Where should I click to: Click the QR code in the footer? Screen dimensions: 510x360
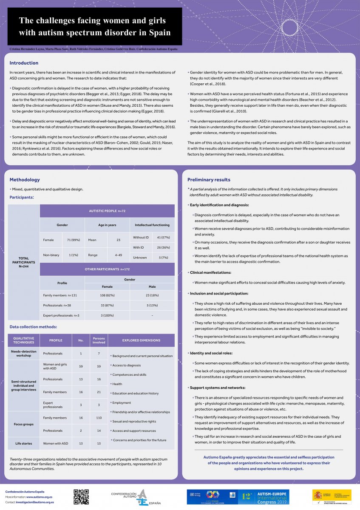[81, 497]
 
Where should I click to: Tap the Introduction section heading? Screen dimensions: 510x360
[24, 63]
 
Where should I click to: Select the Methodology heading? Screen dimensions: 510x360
[25, 180]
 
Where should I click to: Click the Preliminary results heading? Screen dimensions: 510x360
[209, 180]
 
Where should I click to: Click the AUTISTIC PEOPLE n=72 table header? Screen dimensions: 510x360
[107, 211]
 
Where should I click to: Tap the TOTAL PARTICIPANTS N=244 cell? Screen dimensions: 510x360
[24, 262]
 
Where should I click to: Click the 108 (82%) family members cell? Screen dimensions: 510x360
[108, 295]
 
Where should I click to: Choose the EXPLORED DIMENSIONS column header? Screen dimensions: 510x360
[141, 340]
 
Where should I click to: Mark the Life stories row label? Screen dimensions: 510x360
[24, 443]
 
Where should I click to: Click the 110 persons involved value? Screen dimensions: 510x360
[99, 418]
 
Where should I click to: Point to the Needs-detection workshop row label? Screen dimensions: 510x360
[24, 353]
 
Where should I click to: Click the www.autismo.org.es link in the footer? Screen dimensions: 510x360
[40, 497]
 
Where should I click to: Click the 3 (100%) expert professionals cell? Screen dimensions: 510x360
[108, 315]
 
